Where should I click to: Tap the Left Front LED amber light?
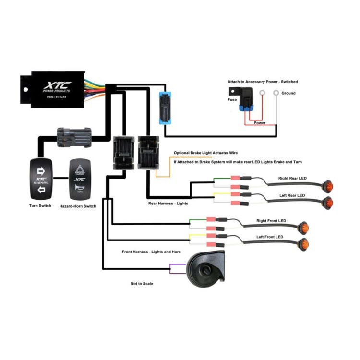(303, 243)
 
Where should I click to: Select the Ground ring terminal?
(276, 93)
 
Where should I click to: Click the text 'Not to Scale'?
(142, 284)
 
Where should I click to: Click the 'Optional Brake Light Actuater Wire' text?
(205, 153)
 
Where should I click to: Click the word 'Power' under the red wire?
(260, 122)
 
